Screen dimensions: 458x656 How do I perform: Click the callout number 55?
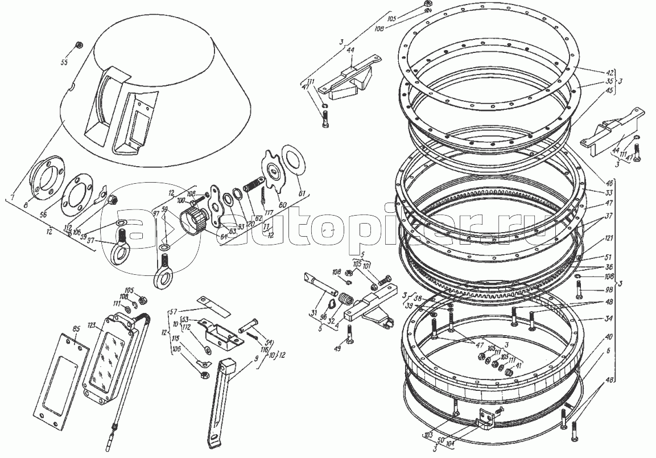[65, 60]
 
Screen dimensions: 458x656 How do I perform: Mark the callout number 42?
[594, 73]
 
